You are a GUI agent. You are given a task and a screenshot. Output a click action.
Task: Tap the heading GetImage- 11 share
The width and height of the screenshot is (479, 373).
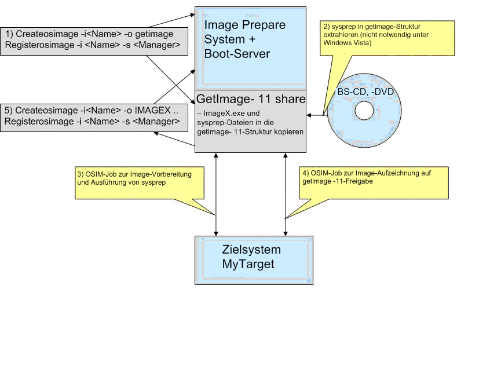pyautogui.click(x=251, y=99)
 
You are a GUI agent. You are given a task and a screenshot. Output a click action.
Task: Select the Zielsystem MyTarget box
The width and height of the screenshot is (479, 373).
pyautogui.click(x=254, y=258)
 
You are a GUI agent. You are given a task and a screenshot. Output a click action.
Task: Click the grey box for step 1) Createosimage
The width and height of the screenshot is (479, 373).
pyautogui.click(x=94, y=41)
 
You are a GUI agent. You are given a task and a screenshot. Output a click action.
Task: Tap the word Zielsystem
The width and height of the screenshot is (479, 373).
pyautogui.click(x=251, y=250)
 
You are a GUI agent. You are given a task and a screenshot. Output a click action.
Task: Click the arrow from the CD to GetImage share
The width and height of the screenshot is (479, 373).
pyautogui.click(x=316, y=115)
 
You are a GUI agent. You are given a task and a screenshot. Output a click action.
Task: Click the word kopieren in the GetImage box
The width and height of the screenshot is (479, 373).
pyautogui.click(x=287, y=131)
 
